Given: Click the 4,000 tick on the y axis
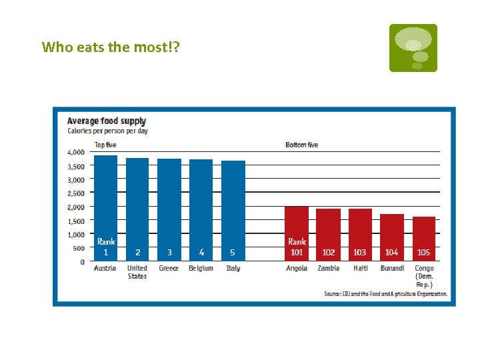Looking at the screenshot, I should click(x=76, y=152).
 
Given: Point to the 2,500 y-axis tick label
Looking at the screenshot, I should click(x=76, y=193).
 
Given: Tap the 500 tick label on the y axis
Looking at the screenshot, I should click(x=79, y=248).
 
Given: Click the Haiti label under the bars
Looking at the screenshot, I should click(x=360, y=268).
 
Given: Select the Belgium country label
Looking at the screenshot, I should click(x=201, y=268).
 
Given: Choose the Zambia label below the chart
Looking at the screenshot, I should click(x=328, y=268).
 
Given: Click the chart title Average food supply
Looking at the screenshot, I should click(x=107, y=121).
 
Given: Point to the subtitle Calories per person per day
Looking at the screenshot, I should click(x=107, y=131).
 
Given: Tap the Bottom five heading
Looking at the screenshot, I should click(x=301, y=145).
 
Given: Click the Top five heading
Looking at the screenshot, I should click(x=105, y=145).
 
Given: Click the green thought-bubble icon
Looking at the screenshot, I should click(x=413, y=48).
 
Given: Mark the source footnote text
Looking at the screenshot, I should click(x=385, y=293).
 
